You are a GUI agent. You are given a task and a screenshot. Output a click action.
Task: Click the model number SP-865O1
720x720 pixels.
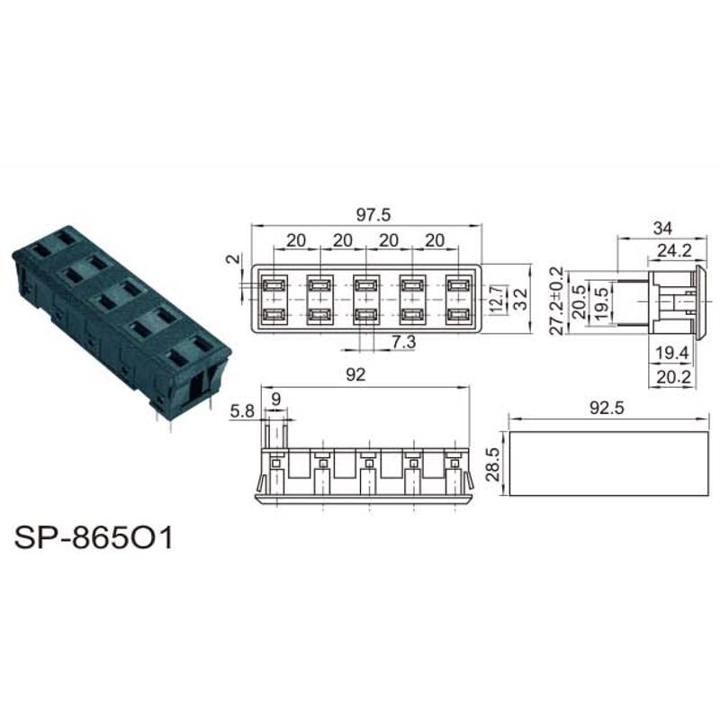[94, 537]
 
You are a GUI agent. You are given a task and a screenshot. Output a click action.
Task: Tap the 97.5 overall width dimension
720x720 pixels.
[373, 215]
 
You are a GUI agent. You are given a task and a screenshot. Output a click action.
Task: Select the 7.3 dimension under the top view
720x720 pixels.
[404, 342]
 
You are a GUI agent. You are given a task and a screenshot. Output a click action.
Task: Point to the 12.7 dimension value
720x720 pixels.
[498, 299]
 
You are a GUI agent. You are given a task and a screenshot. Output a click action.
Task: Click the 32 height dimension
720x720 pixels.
[520, 299]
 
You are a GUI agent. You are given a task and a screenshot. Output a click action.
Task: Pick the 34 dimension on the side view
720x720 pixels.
[662, 229]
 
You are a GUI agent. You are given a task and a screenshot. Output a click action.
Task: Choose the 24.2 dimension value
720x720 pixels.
[674, 251]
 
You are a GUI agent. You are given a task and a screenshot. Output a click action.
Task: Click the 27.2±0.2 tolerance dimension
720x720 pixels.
[557, 301]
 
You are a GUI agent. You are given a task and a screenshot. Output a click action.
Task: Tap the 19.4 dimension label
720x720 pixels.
[672, 353]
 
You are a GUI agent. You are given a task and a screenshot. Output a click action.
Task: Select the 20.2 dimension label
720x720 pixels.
[673, 377]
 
